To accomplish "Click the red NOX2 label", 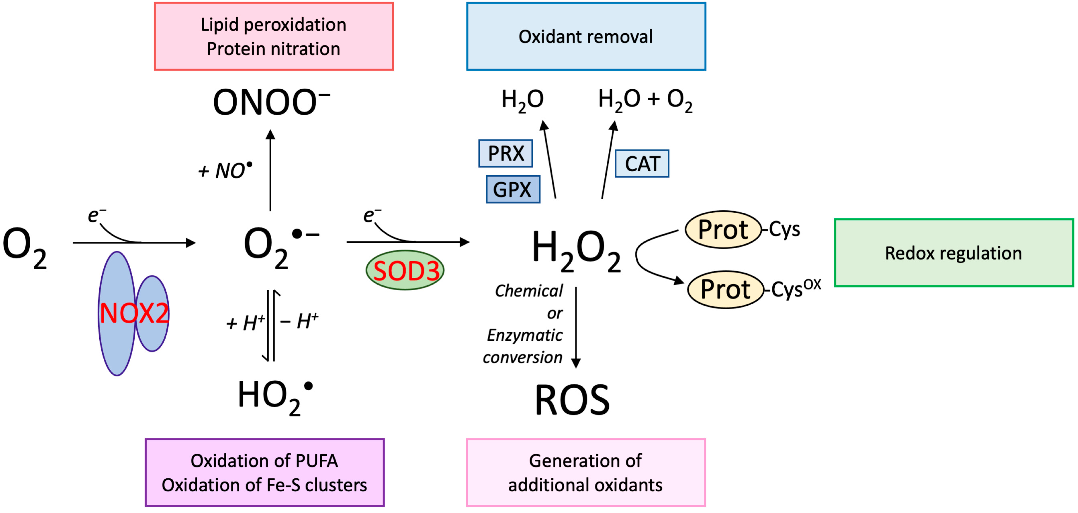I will point(134,313).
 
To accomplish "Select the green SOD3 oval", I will point(405,270).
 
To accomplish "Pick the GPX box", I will point(513,189).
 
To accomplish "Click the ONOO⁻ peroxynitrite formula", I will point(271,102).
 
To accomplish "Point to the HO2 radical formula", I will point(274,396).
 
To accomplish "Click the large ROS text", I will point(572,400).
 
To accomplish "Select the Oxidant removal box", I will point(586,36).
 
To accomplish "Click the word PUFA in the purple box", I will point(316,461).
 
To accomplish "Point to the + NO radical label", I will point(226,170).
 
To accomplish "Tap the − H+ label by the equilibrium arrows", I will point(299,321).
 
